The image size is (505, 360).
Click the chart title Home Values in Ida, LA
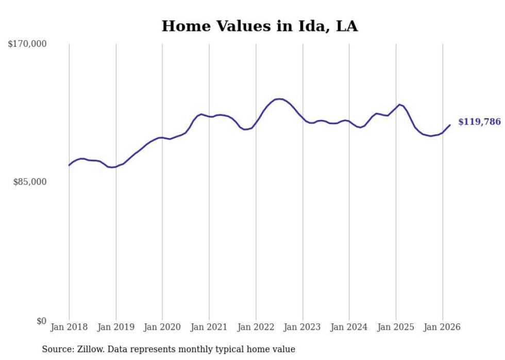260,26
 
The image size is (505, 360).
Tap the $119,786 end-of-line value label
479,122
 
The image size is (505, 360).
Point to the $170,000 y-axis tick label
27,44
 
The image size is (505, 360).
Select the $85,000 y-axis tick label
30,182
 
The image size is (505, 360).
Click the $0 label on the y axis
41,321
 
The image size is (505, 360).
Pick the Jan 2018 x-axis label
69,327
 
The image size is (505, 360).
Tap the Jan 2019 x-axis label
116,327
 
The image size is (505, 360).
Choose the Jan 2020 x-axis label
162,327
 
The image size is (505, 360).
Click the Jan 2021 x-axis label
209,327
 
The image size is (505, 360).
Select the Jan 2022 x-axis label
256,327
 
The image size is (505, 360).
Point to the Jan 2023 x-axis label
302,327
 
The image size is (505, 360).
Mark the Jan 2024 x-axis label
349,327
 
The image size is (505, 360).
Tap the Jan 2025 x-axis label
396,327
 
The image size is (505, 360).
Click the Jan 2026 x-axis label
443,327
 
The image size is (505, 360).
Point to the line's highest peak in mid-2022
279,99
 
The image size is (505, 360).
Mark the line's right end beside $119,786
450,125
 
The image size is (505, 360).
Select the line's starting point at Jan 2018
69,165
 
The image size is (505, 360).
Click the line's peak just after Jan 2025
399,105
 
